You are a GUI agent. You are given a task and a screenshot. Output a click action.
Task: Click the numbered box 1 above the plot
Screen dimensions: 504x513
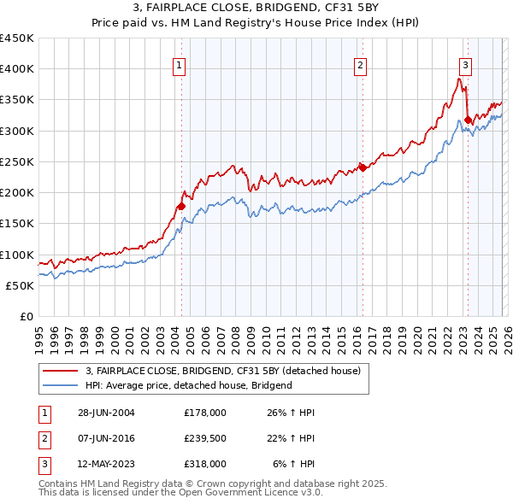pyautogui.click(x=179, y=64)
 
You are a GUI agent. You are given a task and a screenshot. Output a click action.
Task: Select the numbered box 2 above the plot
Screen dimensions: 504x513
pyautogui.click(x=361, y=64)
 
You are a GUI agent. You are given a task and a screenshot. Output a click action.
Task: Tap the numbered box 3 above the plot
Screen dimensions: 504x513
pyautogui.click(x=465, y=64)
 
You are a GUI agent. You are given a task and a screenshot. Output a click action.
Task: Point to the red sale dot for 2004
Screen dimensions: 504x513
pyautogui.click(x=181, y=206)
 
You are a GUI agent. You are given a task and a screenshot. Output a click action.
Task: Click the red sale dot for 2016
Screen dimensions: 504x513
pyautogui.click(x=363, y=167)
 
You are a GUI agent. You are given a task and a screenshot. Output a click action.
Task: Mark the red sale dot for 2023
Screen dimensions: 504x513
pyautogui.click(x=468, y=120)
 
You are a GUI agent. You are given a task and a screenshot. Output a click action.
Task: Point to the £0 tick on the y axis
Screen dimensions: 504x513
pyautogui.click(x=27, y=317)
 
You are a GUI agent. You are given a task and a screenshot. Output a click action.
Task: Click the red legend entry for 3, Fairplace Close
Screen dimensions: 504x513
pyautogui.click(x=223, y=371)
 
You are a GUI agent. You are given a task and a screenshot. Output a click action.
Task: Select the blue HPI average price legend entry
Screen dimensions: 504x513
pyautogui.click(x=188, y=385)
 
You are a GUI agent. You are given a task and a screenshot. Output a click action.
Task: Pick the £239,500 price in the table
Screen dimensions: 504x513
pyautogui.click(x=205, y=438)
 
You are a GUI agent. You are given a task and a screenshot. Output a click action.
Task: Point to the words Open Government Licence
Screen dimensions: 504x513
pyautogui.click(x=231, y=493)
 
